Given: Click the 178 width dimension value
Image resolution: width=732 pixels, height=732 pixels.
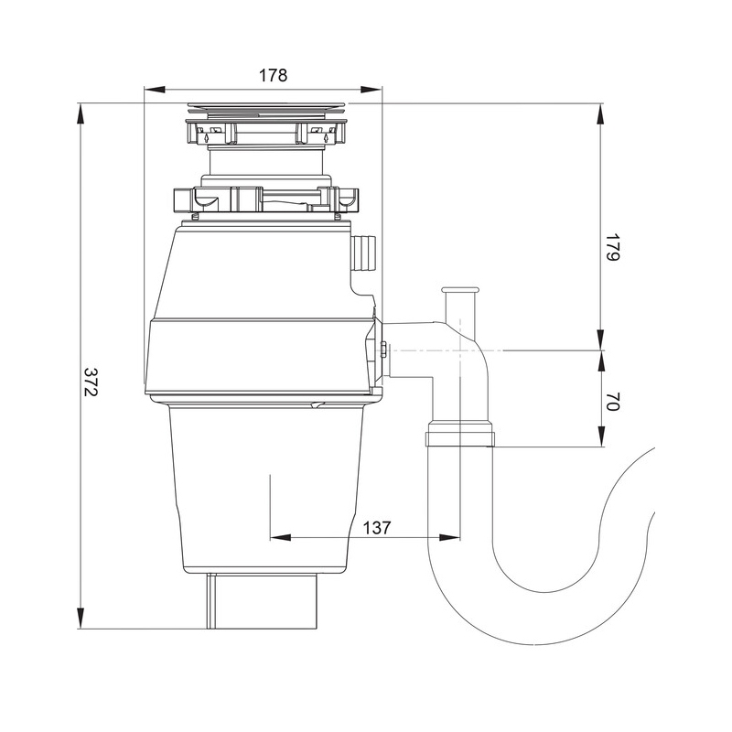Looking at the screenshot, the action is (x=273, y=75).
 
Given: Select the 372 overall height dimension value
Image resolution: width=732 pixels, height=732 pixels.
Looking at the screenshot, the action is (x=90, y=382).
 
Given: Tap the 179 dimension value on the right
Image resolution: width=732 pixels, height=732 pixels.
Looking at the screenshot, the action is (x=612, y=247).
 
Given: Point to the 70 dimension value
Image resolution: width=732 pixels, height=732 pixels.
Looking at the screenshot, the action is (x=612, y=402).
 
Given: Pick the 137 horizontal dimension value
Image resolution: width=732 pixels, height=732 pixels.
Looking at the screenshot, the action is (x=376, y=528).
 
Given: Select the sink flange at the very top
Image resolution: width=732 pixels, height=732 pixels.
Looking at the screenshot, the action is (x=267, y=108).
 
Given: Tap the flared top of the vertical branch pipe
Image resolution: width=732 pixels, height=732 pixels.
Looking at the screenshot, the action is (x=460, y=290).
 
